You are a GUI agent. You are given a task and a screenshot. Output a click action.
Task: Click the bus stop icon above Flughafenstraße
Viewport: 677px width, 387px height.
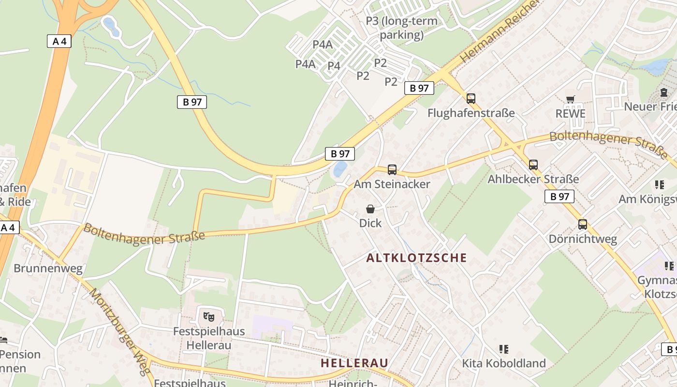point(471,99)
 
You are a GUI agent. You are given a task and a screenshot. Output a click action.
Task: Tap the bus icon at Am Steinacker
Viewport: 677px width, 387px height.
point(392,170)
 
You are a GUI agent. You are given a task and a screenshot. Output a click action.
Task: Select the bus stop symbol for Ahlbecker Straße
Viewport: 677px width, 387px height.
point(533,165)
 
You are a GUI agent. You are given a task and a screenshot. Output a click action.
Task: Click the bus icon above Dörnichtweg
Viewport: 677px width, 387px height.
point(583,224)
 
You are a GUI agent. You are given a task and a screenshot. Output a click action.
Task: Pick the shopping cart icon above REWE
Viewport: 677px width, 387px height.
point(571,100)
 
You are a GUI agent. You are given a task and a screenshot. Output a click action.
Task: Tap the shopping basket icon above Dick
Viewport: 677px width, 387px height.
point(370,209)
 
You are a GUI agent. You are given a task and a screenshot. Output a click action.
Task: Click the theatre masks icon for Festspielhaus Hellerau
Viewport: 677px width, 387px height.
point(209,317)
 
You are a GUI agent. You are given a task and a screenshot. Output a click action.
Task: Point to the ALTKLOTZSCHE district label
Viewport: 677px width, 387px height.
point(416,258)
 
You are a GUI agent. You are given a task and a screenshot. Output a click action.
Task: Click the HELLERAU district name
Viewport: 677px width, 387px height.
point(354,363)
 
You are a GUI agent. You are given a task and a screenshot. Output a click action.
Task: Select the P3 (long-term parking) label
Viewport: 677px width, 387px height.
point(401,28)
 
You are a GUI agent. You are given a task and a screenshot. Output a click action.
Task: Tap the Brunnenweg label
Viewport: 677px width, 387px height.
point(48,268)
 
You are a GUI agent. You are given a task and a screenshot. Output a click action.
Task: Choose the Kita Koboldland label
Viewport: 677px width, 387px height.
point(503,363)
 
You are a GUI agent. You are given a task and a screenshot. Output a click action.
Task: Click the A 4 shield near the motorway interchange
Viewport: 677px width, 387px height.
point(59,41)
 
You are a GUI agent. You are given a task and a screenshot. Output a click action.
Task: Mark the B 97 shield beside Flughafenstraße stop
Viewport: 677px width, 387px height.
point(419,88)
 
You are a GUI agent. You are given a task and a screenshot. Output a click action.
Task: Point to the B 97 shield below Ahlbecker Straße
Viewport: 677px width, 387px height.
point(559,196)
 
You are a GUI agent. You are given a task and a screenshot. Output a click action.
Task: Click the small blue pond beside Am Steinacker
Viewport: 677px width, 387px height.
point(340,169)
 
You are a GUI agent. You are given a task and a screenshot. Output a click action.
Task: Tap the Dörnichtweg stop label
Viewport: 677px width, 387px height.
point(583,239)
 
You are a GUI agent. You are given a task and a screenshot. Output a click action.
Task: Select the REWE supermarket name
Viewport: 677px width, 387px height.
point(571,114)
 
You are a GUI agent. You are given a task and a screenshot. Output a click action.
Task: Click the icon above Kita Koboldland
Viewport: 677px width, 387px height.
point(503,349)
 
